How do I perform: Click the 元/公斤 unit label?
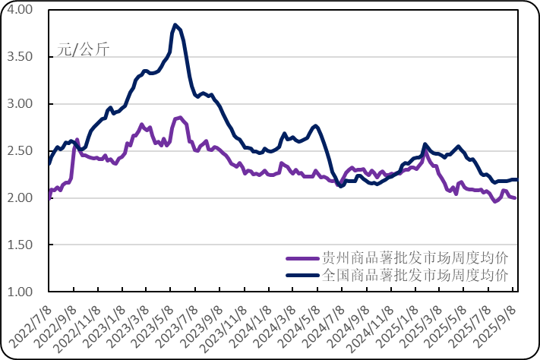84,51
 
